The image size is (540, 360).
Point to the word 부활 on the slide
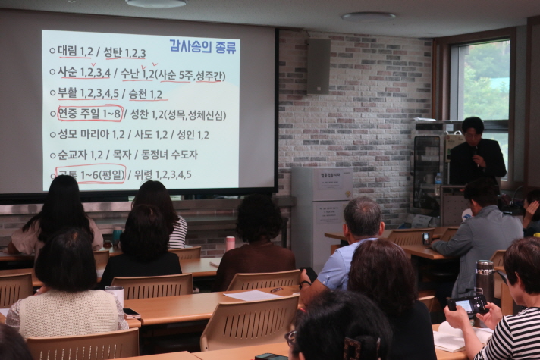(67, 94)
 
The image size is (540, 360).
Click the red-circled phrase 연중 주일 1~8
(89, 114)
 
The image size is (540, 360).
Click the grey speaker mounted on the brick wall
(319, 66)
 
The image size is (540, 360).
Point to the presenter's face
(473, 130)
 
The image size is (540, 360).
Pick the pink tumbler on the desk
(230, 243)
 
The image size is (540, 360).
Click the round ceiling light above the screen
(155, 3)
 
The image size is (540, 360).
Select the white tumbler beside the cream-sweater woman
(115, 298)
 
